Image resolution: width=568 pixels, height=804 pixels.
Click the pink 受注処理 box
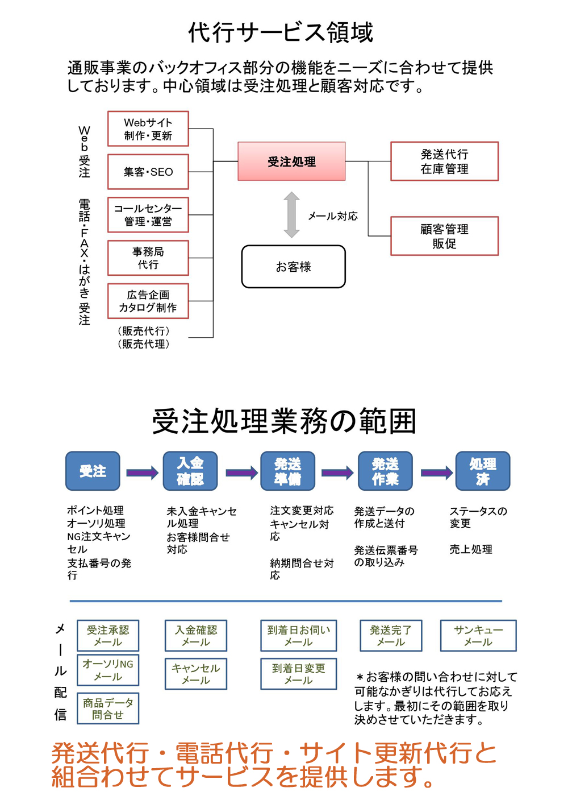coord(291,161)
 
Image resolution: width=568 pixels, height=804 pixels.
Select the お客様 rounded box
coord(293,267)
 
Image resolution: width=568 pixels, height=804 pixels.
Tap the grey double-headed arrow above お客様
coord(291,215)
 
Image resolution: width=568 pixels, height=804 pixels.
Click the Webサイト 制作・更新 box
coord(148,129)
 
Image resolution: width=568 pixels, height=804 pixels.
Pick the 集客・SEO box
coord(148,172)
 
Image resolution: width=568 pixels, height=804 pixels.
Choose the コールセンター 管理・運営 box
coord(148,215)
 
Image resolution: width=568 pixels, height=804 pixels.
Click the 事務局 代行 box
coord(148,258)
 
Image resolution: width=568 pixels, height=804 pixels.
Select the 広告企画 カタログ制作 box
coord(148,301)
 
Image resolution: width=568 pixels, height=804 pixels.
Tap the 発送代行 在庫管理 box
coord(444,161)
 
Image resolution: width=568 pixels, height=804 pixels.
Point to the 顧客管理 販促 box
coord(444,236)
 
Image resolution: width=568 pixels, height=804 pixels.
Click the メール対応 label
coord(333,216)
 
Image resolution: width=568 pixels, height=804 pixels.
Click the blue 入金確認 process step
coord(190,471)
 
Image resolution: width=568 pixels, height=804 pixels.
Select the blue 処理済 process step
coord(483,471)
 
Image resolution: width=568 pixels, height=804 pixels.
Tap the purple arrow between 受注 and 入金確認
coord(142,473)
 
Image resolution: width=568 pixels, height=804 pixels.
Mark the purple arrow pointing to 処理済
coord(436,473)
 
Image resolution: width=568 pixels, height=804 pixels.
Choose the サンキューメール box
coord(478,636)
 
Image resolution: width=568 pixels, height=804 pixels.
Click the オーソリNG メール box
coord(108,670)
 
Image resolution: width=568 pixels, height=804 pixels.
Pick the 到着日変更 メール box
coord(299,674)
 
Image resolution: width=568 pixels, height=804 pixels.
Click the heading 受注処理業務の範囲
coord(284,421)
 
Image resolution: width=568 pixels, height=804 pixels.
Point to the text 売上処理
coord(471,549)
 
